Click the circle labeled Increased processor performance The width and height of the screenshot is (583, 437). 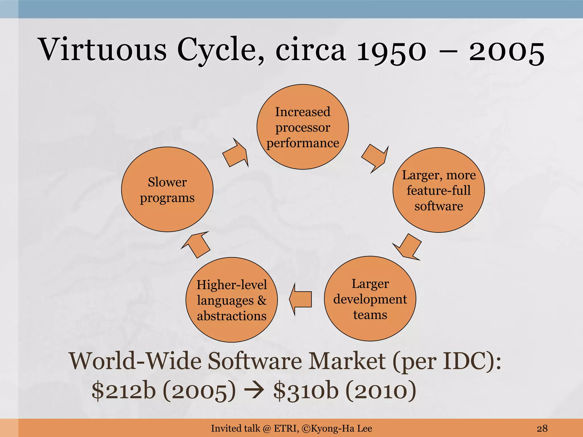point(303,127)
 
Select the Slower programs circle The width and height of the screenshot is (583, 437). point(167,189)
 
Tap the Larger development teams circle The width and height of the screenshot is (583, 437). point(370,299)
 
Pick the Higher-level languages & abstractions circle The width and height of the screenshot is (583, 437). point(231,300)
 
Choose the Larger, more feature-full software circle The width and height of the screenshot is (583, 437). point(438,190)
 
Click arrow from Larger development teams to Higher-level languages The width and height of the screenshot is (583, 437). point(301,299)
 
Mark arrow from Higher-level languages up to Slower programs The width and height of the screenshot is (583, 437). point(196,244)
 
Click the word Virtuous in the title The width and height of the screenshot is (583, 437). point(102,50)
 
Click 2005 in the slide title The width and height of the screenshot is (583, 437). point(507,51)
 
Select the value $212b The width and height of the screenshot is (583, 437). point(124,390)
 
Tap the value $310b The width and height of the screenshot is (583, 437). point(306,390)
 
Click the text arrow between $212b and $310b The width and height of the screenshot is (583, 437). point(254,391)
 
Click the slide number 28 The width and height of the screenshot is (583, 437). point(542,428)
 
